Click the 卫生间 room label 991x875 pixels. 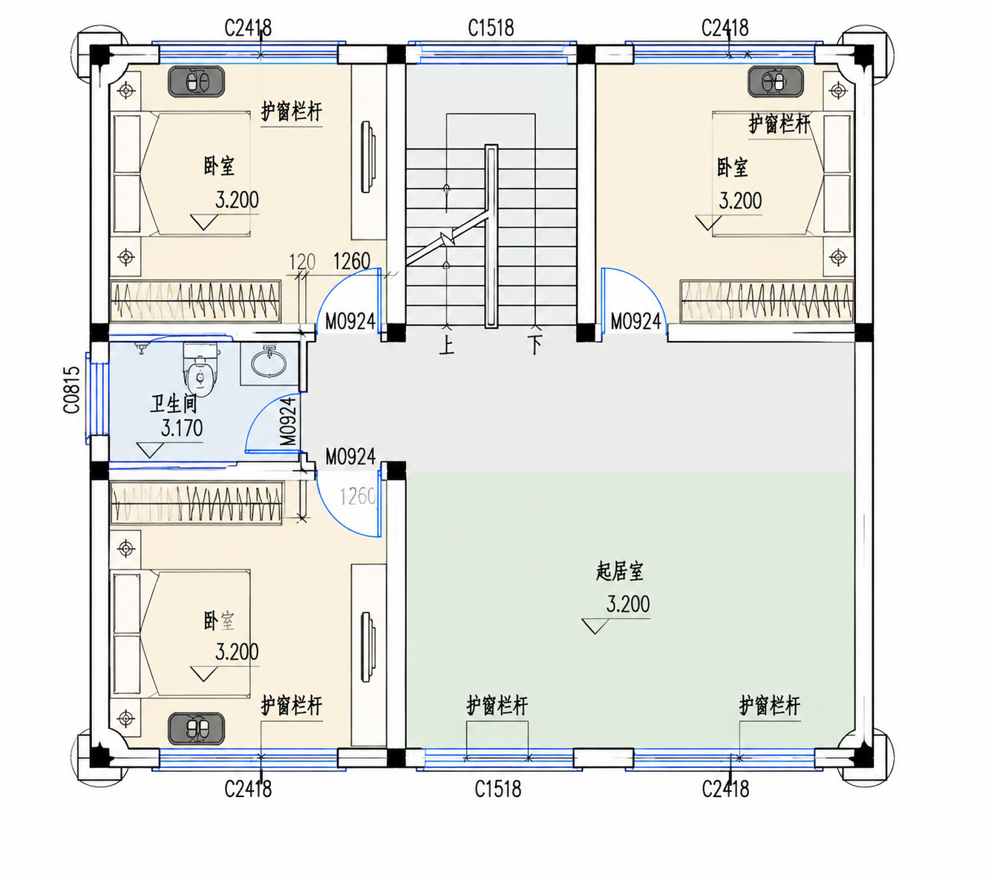tap(174, 405)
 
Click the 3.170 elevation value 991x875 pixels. tap(181, 429)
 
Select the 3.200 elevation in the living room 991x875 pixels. tap(628, 605)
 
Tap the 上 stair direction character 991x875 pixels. tap(446, 346)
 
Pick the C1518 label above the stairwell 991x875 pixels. tap(491, 28)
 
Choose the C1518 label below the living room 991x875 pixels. tap(498, 790)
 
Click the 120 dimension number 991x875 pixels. tap(302, 261)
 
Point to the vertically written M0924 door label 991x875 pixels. tap(289, 421)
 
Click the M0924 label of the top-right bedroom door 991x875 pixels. tap(635, 322)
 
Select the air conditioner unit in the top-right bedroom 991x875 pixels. tap(776, 81)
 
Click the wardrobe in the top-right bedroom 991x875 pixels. tap(767, 301)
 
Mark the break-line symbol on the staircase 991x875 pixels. tap(448, 240)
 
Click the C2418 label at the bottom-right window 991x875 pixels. tap(725, 790)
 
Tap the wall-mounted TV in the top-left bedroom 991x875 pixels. tap(368, 157)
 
